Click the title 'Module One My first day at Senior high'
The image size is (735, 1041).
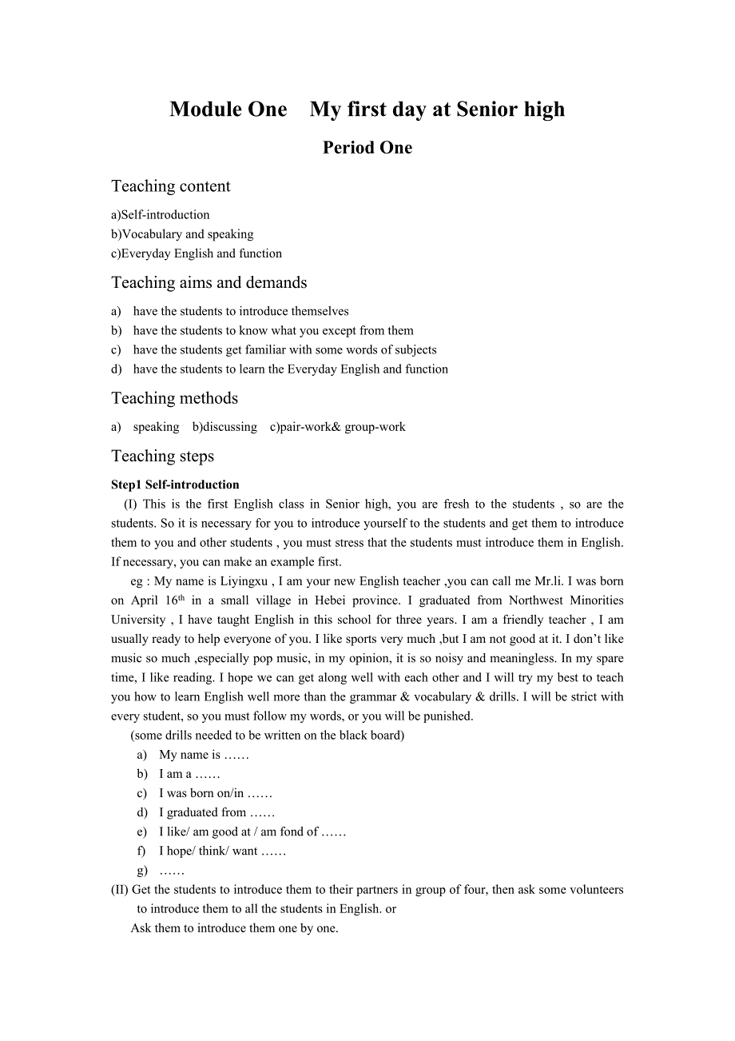[x=367, y=110]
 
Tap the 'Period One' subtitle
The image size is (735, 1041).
[x=367, y=148]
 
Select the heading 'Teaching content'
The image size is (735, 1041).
[x=170, y=186]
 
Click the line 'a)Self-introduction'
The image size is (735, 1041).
[x=161, y=215]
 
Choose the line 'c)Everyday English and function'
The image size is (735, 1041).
[x=197, y=253]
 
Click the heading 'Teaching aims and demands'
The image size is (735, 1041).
[x=209, y=283]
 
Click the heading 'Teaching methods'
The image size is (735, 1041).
[x=174, y=398]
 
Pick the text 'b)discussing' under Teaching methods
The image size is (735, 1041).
[x=224, y=427]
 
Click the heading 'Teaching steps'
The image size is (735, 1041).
[x=162, y=457]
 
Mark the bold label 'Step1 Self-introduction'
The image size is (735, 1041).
[x=175, y=485]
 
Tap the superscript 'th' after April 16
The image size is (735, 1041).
[x=181, y=598]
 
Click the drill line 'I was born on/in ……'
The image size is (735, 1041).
[x=215, y=793]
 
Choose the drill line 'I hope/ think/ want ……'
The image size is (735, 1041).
[x=222, y=851]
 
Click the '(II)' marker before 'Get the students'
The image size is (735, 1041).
[x=119, y=889]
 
